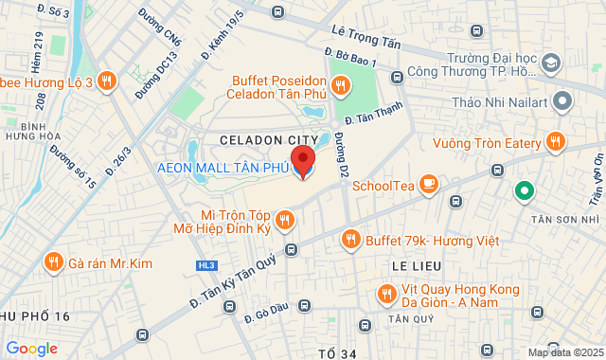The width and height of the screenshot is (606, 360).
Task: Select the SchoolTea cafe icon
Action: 429,184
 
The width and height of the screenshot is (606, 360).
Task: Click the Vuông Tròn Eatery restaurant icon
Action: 556,143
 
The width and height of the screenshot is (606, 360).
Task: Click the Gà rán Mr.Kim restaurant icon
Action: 53,261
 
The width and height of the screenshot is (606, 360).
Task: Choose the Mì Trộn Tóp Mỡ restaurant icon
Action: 285,222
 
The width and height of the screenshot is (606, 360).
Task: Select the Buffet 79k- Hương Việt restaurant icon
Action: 351,241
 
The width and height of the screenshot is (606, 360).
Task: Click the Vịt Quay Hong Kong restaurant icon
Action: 385,295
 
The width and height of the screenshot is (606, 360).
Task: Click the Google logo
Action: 31,349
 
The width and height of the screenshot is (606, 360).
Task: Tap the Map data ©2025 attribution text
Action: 564,352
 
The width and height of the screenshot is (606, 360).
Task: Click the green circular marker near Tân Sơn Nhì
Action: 522,191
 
